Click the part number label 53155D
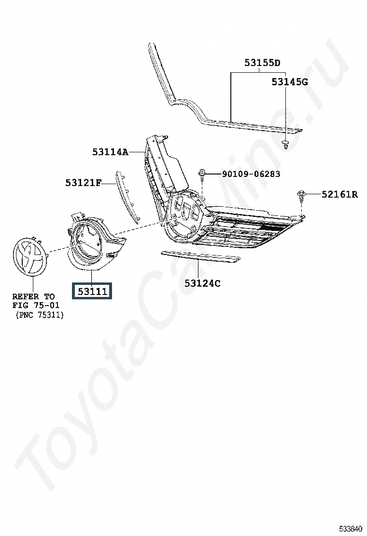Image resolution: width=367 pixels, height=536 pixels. [x=262, y=63]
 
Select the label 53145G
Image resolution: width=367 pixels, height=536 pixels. [x=289, y=81]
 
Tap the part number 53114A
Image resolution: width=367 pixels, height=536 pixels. [x=111, y=152]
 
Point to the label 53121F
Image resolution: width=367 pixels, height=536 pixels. [x=84, y=183]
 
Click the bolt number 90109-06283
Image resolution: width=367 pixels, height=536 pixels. [x=251, y=174]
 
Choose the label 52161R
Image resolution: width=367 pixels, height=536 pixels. [x=340, y=195]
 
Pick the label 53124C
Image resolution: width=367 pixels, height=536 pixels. [x=202, y=283]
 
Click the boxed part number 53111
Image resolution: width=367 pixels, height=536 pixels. [x=92, y=291]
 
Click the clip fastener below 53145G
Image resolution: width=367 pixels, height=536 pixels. [x=286, y=144]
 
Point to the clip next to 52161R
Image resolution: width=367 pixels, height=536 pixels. [x=302, y=195]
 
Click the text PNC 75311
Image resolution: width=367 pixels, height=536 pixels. [x=40, y=315]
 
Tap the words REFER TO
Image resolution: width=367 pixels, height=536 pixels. [x=33, y=296]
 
